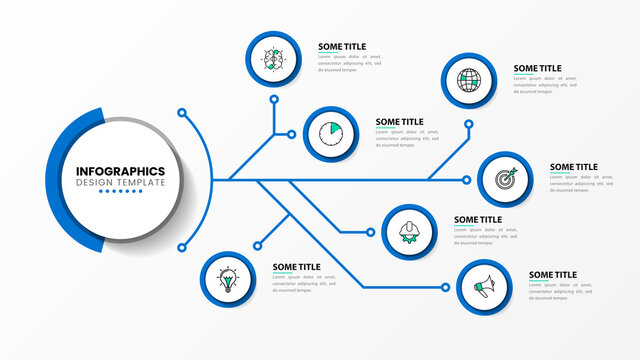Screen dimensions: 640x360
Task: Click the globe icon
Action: coord(468,79)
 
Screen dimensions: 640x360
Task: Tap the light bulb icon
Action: coord(228,279)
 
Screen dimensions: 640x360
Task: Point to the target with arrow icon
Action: coord(504,180)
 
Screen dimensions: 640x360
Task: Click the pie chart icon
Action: coord(330,133)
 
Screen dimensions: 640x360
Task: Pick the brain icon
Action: coord(273,58)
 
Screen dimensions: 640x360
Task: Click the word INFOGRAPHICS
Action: coord(121,171)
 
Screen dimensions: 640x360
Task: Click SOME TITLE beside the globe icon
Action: coord(538,69)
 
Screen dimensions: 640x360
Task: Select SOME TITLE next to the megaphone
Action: coord(553,275)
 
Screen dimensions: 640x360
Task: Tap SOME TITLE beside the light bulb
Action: coord(297,267)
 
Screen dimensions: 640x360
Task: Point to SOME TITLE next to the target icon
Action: coord(574,167)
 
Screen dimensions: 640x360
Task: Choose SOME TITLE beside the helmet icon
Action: coord(478,220)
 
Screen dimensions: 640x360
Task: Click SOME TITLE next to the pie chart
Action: coord(400,122)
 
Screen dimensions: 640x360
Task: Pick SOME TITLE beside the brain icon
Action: coord(342,46)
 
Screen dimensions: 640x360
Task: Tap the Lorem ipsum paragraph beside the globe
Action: coord(549,86)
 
